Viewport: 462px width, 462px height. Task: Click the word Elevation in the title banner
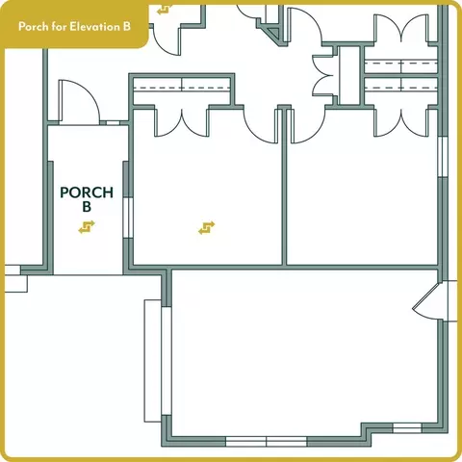91,26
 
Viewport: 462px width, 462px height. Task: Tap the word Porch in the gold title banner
34,26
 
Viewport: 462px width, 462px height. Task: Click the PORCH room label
87,192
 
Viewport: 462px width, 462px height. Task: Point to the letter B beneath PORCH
87,207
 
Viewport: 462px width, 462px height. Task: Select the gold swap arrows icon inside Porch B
87,227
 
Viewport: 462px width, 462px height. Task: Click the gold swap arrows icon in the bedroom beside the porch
207,228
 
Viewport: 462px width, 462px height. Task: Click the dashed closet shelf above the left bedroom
182,88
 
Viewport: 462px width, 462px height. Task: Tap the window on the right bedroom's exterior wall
443,156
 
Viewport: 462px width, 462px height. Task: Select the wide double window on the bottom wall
267,442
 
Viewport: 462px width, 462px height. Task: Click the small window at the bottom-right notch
407,427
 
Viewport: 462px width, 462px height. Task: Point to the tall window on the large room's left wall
167,361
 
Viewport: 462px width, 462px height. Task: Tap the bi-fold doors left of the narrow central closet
324,76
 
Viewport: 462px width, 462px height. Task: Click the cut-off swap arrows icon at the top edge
165,10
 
